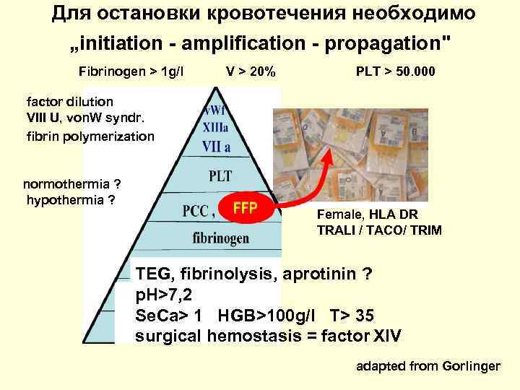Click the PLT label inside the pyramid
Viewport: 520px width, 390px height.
(x=220, y=175)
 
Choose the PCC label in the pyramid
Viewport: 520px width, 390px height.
(x=197, y=210)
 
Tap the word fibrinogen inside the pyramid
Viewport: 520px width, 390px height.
(x=221, y=238)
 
